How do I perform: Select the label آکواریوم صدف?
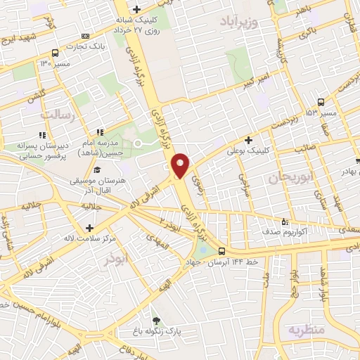point(280,230)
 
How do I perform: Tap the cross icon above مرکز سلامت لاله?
point(89,228)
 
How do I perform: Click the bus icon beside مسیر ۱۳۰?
point(56,53)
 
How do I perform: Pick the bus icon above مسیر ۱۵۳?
point(321,101)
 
